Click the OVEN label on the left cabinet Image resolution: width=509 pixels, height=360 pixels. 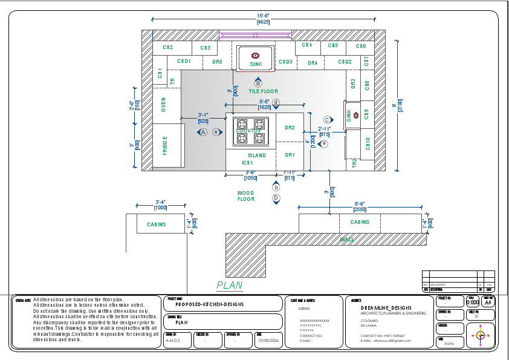pos(163,105)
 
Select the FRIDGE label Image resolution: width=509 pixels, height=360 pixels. pos(164,145)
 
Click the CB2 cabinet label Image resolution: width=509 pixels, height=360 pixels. pos(167,47)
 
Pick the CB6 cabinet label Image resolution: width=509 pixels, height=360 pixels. pos(360,46)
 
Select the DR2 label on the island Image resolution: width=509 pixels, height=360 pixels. pos(290,128)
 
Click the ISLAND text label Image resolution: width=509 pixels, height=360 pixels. pos(256,155)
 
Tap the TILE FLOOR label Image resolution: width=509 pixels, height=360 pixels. pos(263,91)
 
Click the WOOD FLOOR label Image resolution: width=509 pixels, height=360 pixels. pos(246,195)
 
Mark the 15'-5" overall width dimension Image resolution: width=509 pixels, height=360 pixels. pos(263,15)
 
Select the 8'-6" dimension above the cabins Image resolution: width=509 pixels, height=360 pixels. pos(360,204)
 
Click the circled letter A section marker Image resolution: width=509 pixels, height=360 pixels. pos(204,131)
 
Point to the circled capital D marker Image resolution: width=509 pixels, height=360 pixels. pos(276,198)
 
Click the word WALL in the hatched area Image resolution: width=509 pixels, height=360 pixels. pos(346,240)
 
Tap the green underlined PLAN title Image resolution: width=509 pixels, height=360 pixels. pos(229,285)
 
